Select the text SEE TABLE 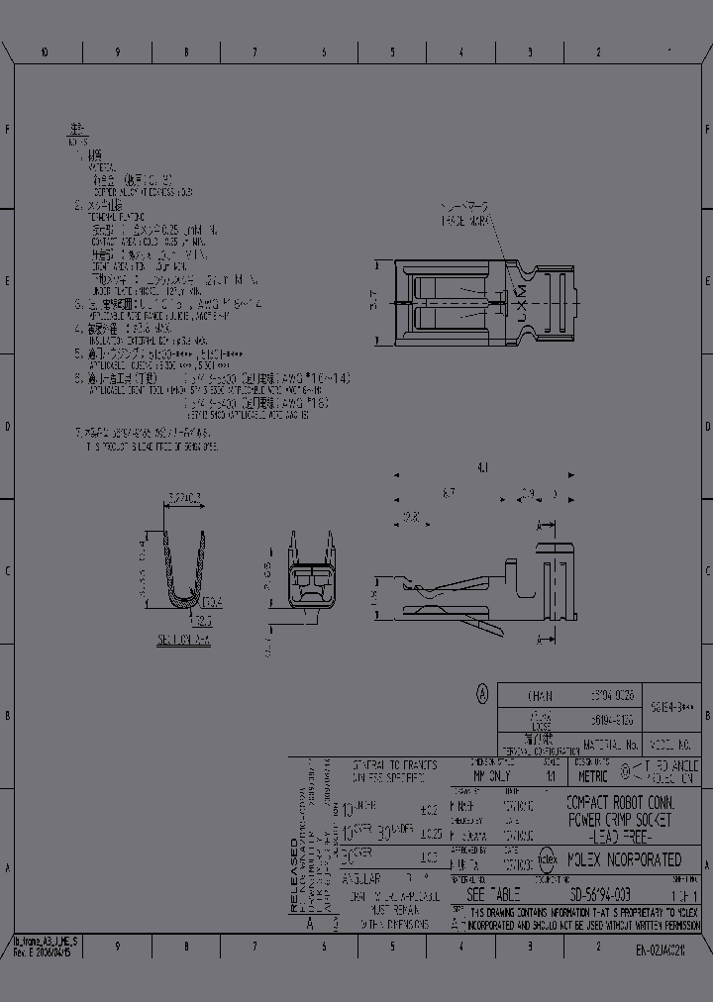pos(492,893)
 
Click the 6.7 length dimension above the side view pos(450,492)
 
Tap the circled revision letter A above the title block pos(482,694)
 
